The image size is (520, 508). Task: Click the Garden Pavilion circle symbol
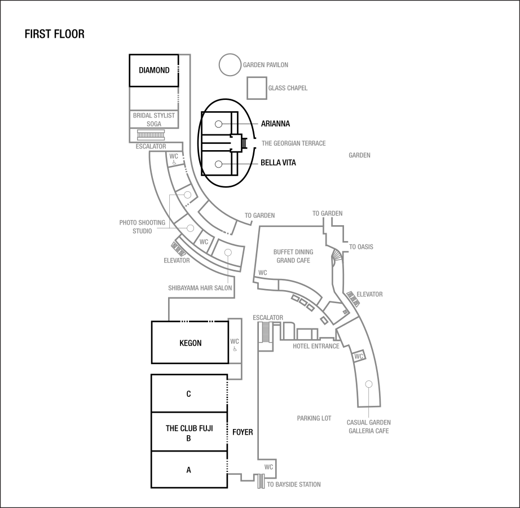[x=230, y=65]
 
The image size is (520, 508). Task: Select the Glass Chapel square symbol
[x=257, y=88]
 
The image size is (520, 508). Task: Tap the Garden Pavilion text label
[x=266, y=65]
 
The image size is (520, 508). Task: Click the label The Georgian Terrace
[x=293, y=143]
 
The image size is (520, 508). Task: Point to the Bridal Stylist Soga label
[x=154, y=119]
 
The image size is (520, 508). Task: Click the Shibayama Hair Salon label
[x=200, y=288]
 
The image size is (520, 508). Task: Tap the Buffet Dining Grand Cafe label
[x=293, y=256]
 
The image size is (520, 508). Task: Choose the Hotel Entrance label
[x=316, y=346]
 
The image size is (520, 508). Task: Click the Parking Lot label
[x=314, y=419]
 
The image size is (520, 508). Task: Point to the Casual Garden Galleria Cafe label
[x=368, y=426]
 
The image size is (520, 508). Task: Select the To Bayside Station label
[x=294, y=484]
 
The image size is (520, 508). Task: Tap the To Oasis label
[x=361, y=247]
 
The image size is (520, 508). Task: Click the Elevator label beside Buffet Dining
[x=369, y=294]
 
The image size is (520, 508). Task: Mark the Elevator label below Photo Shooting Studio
[x=177, y=261]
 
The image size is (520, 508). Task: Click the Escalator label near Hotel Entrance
[x=268, y=318]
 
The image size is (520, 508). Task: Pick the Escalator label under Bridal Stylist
[x=151, y=146]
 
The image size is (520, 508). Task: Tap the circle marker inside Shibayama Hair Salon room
[x=228, y=252]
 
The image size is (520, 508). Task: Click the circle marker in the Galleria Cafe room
[x=368, y=384]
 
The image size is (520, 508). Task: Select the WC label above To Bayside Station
[x=268, y=467]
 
